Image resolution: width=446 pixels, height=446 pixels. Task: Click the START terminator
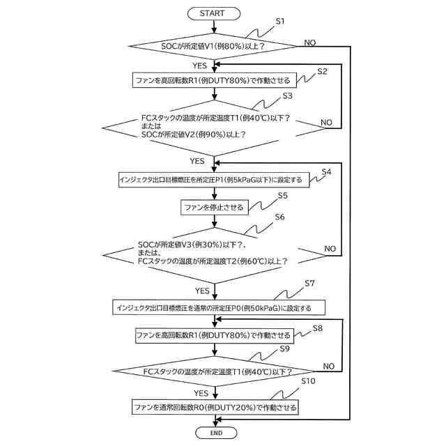click(x=214, y=13)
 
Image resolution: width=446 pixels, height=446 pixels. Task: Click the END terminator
click(x=216, y=433)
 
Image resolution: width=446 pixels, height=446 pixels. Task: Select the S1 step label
click(x=280, y=22)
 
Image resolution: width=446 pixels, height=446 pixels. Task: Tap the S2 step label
click(x=322, y=71)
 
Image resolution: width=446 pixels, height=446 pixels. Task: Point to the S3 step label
click(x=287, y=96)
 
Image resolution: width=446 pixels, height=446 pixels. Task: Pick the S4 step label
click(x=326, y=172)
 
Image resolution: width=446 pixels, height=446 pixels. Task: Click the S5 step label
click(x=283, y=195)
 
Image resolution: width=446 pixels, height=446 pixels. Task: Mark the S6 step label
click(x=279, y=217)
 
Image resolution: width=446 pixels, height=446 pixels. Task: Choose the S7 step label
click(x=309, y=284)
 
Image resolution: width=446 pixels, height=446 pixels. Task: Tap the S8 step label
click(x=318, y=328)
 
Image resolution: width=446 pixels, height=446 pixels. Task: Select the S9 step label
click(x=284, y=348)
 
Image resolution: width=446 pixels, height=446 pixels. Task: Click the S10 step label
click(x=308, y=381)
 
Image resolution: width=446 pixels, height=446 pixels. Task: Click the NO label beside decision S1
click(x=309, y=43)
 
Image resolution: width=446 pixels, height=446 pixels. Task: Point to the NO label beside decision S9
click(x=328, y=367)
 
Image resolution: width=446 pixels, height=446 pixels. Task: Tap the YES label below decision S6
click(x=202, y=291)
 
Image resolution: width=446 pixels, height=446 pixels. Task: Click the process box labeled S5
click(x=215, y=207)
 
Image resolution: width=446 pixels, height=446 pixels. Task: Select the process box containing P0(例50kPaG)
click(x=219, y=307)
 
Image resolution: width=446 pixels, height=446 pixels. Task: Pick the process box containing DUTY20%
click(x=215, y=407)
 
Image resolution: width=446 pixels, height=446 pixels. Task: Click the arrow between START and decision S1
click(x=214, y=26)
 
